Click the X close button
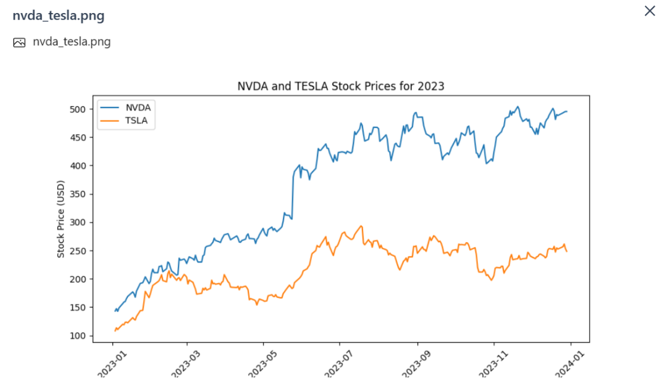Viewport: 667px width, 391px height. [x=649, y=11]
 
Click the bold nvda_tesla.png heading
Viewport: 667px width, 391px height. [x=58, y=16]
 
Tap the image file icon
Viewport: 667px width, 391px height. [x=19, y=42]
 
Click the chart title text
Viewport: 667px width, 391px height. [x=341, y=86]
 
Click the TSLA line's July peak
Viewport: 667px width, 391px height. [x=361, y=226]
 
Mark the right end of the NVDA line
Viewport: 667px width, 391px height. [x=567, y=112]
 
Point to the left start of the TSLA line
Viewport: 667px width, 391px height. [x=115, y=331]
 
